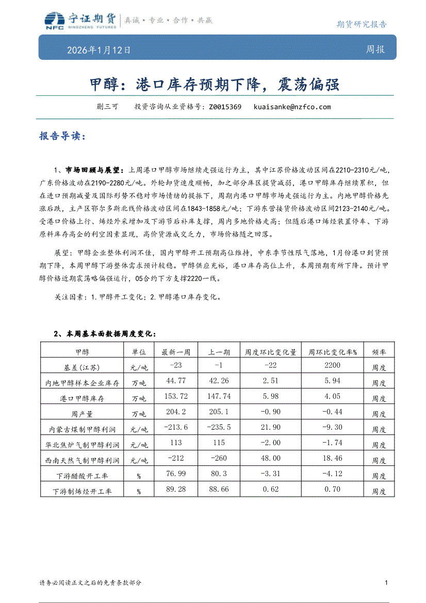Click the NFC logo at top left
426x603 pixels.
[x=54, y=21]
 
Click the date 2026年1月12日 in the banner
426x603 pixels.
[x=99, y=51]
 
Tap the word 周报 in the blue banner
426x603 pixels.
[x=375, y=50]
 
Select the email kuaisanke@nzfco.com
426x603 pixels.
[x=292, y=107]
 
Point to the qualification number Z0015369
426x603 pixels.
[x=225, y=107]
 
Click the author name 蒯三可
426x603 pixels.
[x=107, y=107]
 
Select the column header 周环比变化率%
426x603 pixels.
[x=333, y=352]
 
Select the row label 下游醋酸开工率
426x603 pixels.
[x=82, y=476]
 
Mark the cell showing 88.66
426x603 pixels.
[x=219, y=489]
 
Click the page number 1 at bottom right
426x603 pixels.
[x=386, y=582]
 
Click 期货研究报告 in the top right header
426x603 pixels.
[x=361, y=24]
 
